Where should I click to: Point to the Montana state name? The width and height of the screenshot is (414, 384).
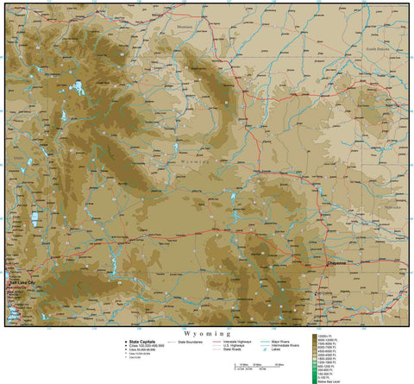click(x=185, y=27)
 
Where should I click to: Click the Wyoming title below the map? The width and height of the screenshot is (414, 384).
click(x=207, y=332)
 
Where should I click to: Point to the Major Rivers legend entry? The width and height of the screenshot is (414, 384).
click(x=282, y=341)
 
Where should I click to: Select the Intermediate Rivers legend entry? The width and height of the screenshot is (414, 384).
click(x=285, y=345)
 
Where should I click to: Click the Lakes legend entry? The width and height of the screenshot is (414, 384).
click(x=278, y=349)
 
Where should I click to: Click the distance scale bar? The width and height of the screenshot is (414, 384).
click(x=259, y=367)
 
